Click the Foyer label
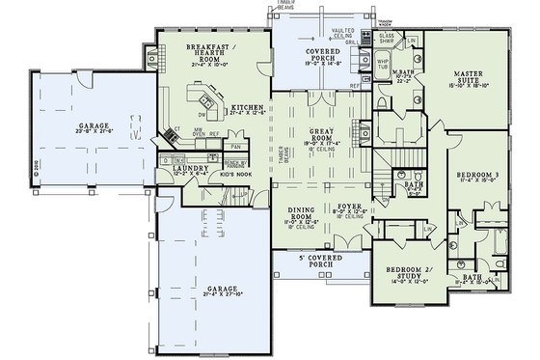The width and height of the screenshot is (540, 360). [349, 205]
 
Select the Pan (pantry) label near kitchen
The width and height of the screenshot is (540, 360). [233, 147]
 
